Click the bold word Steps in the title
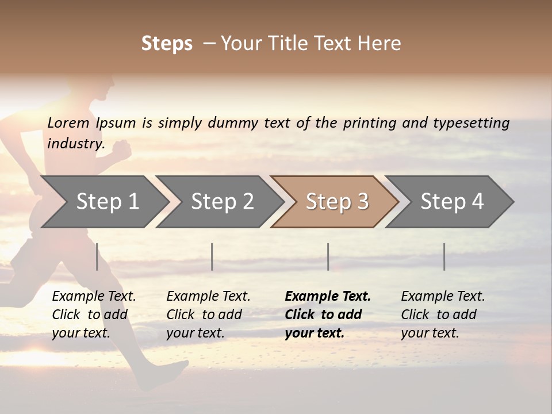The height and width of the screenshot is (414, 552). tap(167, 44)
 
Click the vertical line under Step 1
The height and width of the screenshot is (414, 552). tap(97, 256)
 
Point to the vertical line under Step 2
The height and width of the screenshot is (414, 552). tap(212, 256)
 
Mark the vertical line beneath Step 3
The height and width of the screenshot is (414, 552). tap(328, 256)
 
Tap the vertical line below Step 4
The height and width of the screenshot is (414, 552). tap(444, 256)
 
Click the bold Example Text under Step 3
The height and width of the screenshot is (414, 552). tap(328, 297)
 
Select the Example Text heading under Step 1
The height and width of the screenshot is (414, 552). tap(94, 297)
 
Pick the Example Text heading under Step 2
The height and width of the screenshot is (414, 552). tap(208, 297)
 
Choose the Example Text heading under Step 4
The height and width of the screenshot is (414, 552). tap(443, 297)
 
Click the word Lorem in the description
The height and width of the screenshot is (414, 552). tap(68, 123)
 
